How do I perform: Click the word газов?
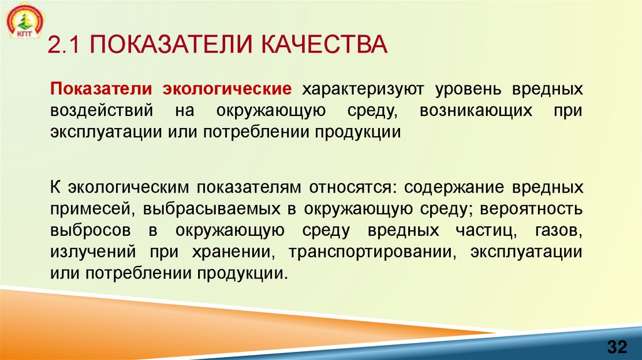coord(560,231)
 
